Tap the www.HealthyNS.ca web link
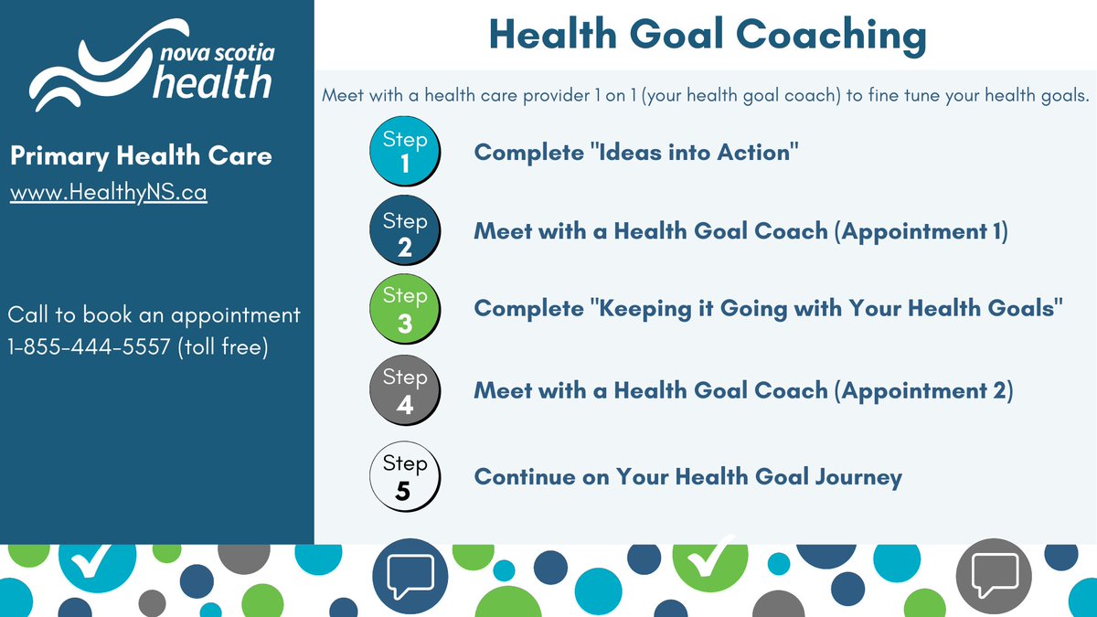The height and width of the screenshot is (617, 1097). coord(108,194)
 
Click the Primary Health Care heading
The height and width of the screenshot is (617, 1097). coord(141,156)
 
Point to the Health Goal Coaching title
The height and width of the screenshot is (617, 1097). coord(707,35)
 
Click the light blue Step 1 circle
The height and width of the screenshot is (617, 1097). coord(404,153)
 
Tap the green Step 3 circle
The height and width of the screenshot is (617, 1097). coord(404,309)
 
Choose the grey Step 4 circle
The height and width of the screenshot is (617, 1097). coord(404,390)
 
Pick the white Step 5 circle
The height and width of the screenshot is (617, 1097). coord(404,476)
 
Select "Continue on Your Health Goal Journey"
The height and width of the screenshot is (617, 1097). coord(687,476)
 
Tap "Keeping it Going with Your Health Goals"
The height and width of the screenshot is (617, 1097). coord(824,309)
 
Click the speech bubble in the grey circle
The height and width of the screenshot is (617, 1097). coord(994,574)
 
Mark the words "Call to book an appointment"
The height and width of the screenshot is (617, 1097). coord(154,315)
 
